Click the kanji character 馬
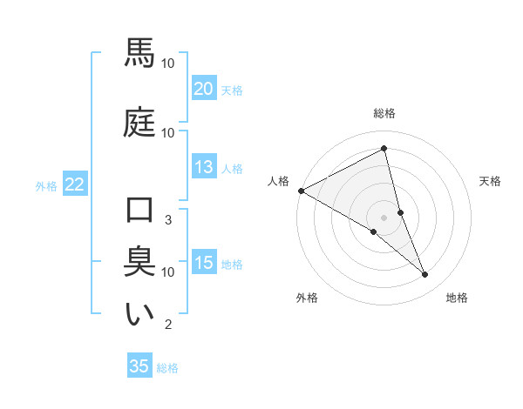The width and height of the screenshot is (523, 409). click(139, 53)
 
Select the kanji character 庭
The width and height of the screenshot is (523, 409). click(139, 121)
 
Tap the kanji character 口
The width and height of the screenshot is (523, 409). click(139, 211)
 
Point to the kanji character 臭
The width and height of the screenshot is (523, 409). click(139, 261)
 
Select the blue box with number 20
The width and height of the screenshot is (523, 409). click(204, 89)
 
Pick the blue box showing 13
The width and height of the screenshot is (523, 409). click(204, 167)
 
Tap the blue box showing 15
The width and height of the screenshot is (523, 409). click(204, 263)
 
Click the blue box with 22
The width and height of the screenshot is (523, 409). click(75, 184)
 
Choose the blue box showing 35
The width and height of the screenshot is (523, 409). click(139, 366)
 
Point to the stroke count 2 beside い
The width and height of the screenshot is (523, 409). click(167, 325)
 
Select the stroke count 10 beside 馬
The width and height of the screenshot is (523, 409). click(168, 64)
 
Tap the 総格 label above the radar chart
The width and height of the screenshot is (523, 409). click(384, 113)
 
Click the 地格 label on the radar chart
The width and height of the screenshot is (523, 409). click(457, 298)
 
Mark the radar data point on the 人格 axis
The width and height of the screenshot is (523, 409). click(301, 191)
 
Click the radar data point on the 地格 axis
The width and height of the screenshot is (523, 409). click(425, 275)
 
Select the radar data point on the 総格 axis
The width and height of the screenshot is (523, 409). click(384, 149)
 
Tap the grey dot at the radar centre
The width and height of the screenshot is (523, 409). click(384, 217)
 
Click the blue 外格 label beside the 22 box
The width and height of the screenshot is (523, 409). click(46, 185)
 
